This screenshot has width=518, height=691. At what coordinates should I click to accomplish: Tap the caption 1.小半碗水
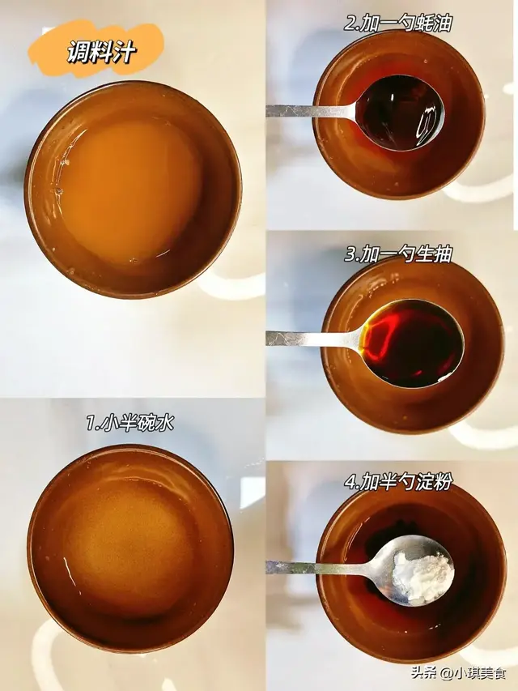[130, 424]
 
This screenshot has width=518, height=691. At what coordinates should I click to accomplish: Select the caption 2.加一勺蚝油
[397, 23]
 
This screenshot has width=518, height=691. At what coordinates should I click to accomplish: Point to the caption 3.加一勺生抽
[398, 254]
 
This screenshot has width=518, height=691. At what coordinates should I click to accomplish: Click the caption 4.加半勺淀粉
[398, 482]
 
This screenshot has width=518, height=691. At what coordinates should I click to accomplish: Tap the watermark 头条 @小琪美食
[459, 672]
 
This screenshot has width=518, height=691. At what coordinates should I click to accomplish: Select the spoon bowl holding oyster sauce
[400, 113]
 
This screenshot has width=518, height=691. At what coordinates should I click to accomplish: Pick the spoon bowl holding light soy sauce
[412, 343]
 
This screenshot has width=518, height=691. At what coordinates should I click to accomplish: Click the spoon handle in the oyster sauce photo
[312, 110]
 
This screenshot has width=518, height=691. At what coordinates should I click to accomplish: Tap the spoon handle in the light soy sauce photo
[313, 339]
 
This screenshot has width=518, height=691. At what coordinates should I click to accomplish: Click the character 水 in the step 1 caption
[166, 424]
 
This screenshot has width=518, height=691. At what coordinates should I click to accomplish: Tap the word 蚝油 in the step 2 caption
[434, 23]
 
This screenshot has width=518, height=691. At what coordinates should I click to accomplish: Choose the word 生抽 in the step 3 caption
[435, 254]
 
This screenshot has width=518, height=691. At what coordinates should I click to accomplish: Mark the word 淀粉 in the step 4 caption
[435, 482]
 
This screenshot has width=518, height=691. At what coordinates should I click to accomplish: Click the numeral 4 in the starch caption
[350, 483]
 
